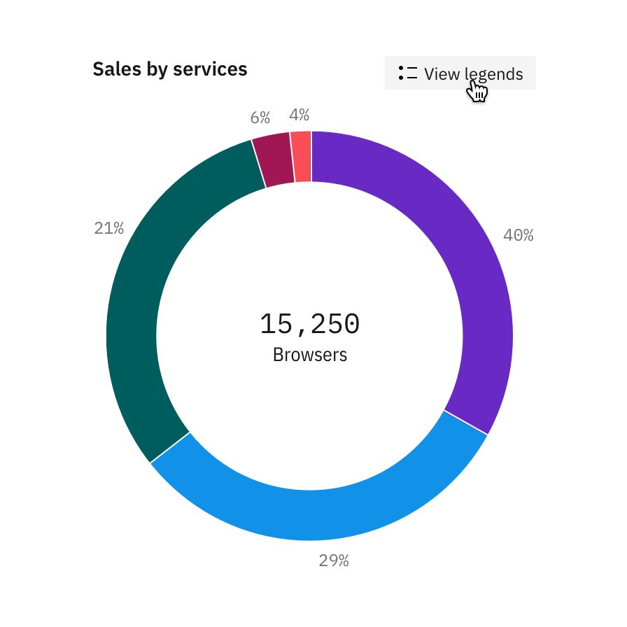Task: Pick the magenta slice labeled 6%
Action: click(x=272, y=160)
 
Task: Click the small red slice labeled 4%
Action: click(x=302, y=156)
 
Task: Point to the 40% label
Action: click(x=519, y=236)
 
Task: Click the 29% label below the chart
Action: click(x=334, y=561)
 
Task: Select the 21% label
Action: click(x=109, y=228)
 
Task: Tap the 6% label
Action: click(x=260, y=118)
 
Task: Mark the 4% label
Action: click(x=299, y=115)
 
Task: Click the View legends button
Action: click(x=460, y=73)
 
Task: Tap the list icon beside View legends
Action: click(x=407, y=73)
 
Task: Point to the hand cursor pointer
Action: click(x=477, y=91)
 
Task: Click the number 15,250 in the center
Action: click(x=310, y=324)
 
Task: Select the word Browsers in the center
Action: click(x=310, y=355)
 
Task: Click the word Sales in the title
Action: click(x=114, y=69)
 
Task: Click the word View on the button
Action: click(x=442, y=74)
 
